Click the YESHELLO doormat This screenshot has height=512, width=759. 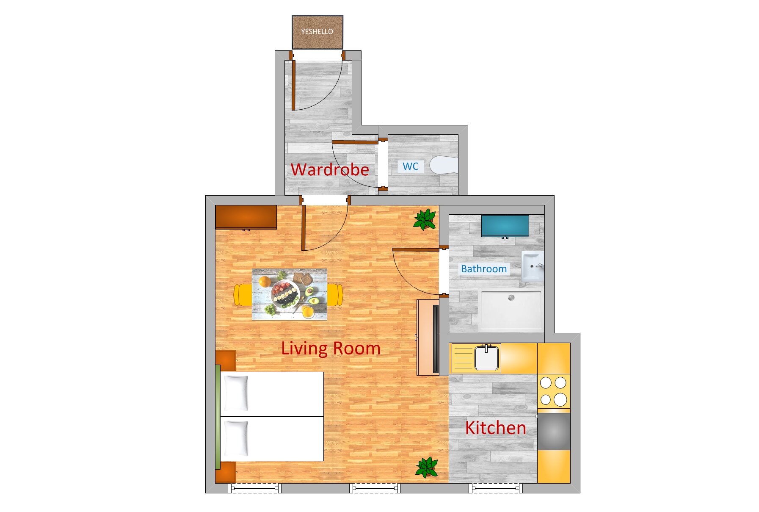pyautogui.click(x=317, y=32)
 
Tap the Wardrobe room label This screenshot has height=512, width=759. pyautogui.click(x=330, y=169)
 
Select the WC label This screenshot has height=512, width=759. pyautogui.click(x=410, y=166)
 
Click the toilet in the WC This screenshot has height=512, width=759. pyautogui.click(x=444, y=165)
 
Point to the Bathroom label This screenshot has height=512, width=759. pyautogui.click(x=484, y=268)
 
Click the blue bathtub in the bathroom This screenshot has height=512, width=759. pyautogui.click(x=505, y=226)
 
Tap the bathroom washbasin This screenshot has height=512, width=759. pyautogui.click(x=533, y=266)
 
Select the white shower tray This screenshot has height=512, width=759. pyautogui.click(x=511, y=310)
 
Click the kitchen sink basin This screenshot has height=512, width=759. pyautogui.click(x=487, y=358)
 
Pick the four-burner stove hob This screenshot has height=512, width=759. pyautogui.click(x=554, y=391)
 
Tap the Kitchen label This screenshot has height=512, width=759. pyautogui.click(x=495, y=428)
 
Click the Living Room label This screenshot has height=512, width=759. pyautogui.click(x=331, y=348)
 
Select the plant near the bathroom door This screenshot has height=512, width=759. pyautogui.click(x=425, y=219)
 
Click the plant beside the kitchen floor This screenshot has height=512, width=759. pyautogui.click(x=427, y=468)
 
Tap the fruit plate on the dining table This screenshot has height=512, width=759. pyautogui.click(x=285, y=293)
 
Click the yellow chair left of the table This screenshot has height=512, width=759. pyautogui.click(x=243, y=295)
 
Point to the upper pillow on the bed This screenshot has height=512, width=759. pyautogui.click(x=236, y=393)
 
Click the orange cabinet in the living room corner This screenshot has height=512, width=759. pyautogui.click(x=246, y=217)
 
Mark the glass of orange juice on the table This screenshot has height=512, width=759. pyautogui.click(x=308, y=313)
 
